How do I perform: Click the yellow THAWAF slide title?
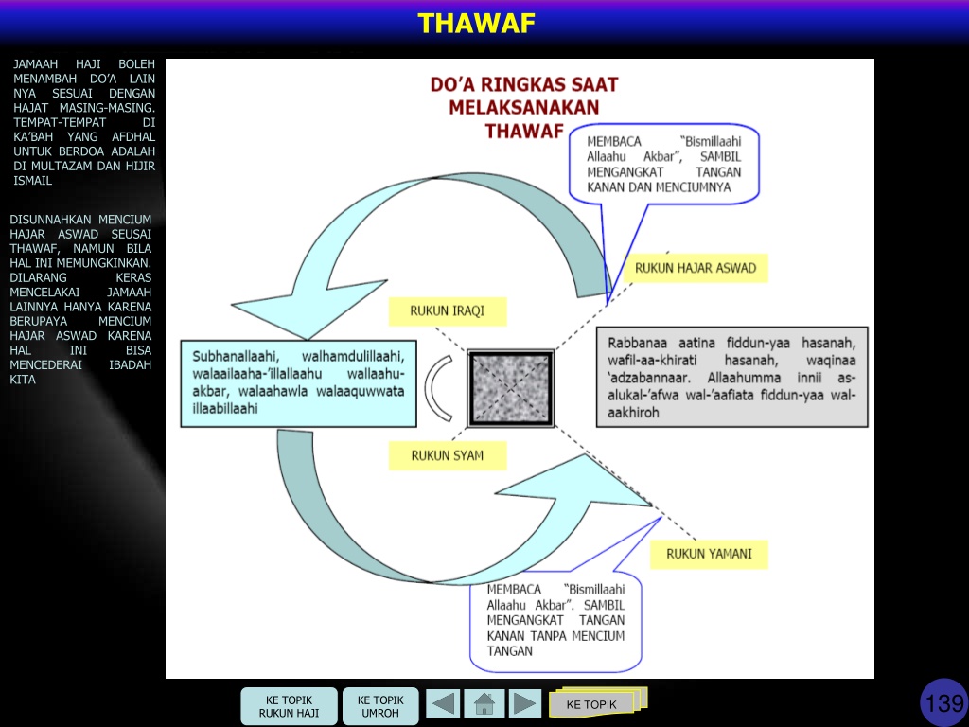(477, 24)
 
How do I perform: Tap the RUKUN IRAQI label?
(448, 310)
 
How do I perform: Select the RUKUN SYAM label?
(448, 455)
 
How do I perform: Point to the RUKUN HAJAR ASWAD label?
(696, 268)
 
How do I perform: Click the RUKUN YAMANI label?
(709, 554)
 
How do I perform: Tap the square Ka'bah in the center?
(510, 389)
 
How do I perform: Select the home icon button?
(484, 703)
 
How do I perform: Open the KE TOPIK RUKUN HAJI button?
(289, 706)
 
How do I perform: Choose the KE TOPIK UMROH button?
(380, 706)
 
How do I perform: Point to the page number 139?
(944, 703)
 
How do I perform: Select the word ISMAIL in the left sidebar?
(33, 181)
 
